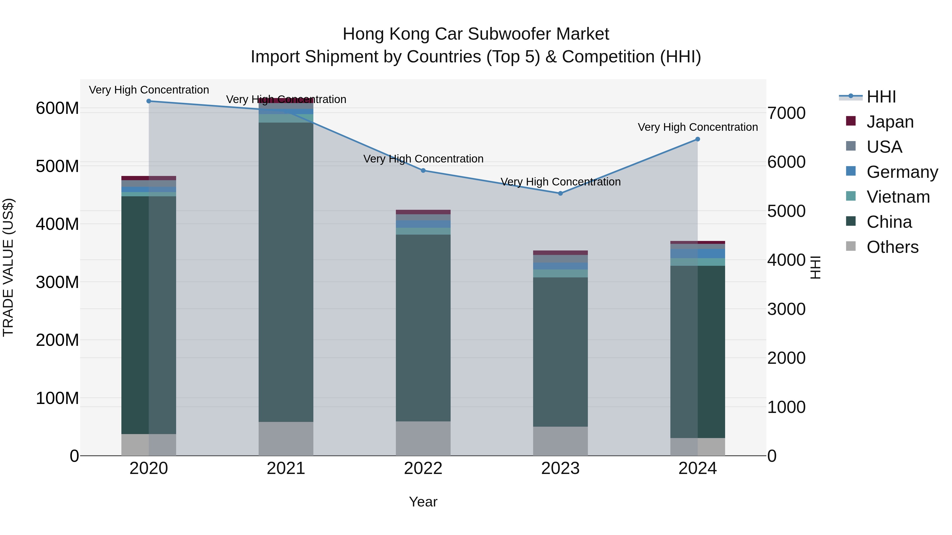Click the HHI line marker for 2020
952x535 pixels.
(149, 101)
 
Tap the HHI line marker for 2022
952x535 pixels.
(423, 171)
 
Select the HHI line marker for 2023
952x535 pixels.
(560, 193)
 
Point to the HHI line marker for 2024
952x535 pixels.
(698, 139)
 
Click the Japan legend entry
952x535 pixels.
(890, 122)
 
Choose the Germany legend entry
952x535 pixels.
(902, 172)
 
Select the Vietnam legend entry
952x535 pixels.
(898, 197)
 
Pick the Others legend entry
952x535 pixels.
(892, 247)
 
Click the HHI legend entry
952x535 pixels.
(881, 97)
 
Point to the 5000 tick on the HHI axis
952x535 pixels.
(786, 211)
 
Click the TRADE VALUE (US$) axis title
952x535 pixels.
(8, 267)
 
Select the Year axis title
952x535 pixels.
(423, 502)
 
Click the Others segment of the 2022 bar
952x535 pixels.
(423, 439)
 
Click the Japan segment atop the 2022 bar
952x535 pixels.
(423, 212)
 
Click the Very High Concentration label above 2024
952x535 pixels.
(698, 127)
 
